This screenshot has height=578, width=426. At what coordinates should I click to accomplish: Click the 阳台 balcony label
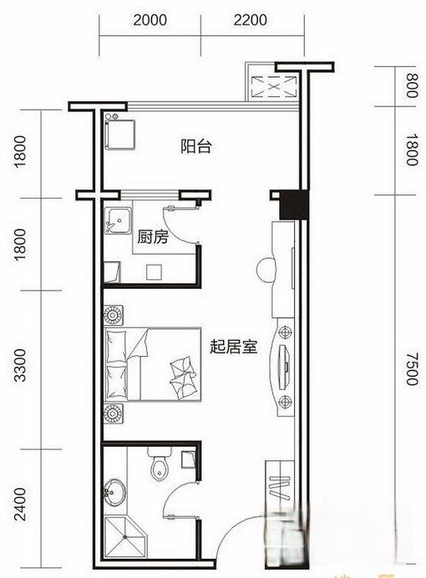pyautogui.click(x=196, y=146)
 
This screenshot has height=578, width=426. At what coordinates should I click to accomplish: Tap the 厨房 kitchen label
pyautogui.click(x=153, y=237)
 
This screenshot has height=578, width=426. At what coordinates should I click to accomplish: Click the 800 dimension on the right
pyautogui.click(x=410, y=85)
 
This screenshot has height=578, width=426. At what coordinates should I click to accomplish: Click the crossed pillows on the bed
pyautogui.click(x=181, y=372)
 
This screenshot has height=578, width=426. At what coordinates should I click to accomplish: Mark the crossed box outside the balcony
pyautogui.click(x=274, y=86)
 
